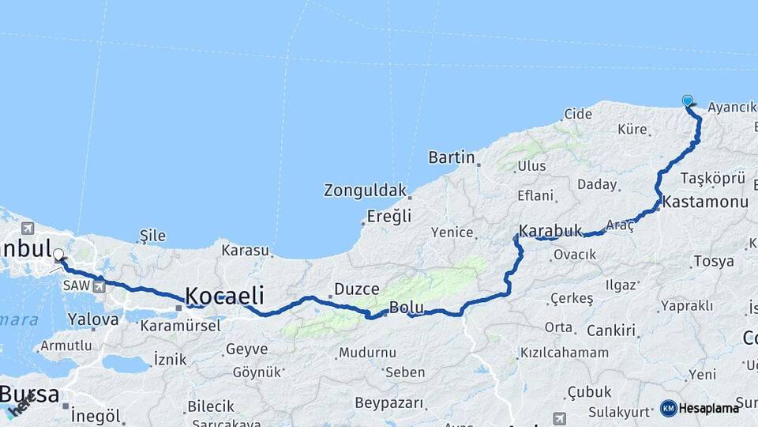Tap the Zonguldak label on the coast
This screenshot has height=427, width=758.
(x=365, y=191)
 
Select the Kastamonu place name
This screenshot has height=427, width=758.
(x=705, y=202)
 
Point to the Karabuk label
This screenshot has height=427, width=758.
(x=550, y=231)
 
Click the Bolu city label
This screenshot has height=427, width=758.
(x=407, y=308)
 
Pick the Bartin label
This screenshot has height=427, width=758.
(x=452, y=157)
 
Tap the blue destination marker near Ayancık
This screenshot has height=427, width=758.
(x=688, y=100)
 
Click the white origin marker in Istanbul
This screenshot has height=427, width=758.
(x=58, y=255)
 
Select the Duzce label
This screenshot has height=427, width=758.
(x=357, y=289)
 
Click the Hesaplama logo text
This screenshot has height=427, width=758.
(x=710, y=408)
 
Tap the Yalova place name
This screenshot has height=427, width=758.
(x=93, y=320)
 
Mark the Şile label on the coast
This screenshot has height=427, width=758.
(x=152, y=236)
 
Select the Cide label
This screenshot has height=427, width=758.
(x=578, y=115)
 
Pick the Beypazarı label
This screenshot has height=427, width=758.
(x=389, y=404)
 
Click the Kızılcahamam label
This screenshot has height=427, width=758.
(x=565, y=353)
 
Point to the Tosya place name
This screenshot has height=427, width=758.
(x=714, y=261)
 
